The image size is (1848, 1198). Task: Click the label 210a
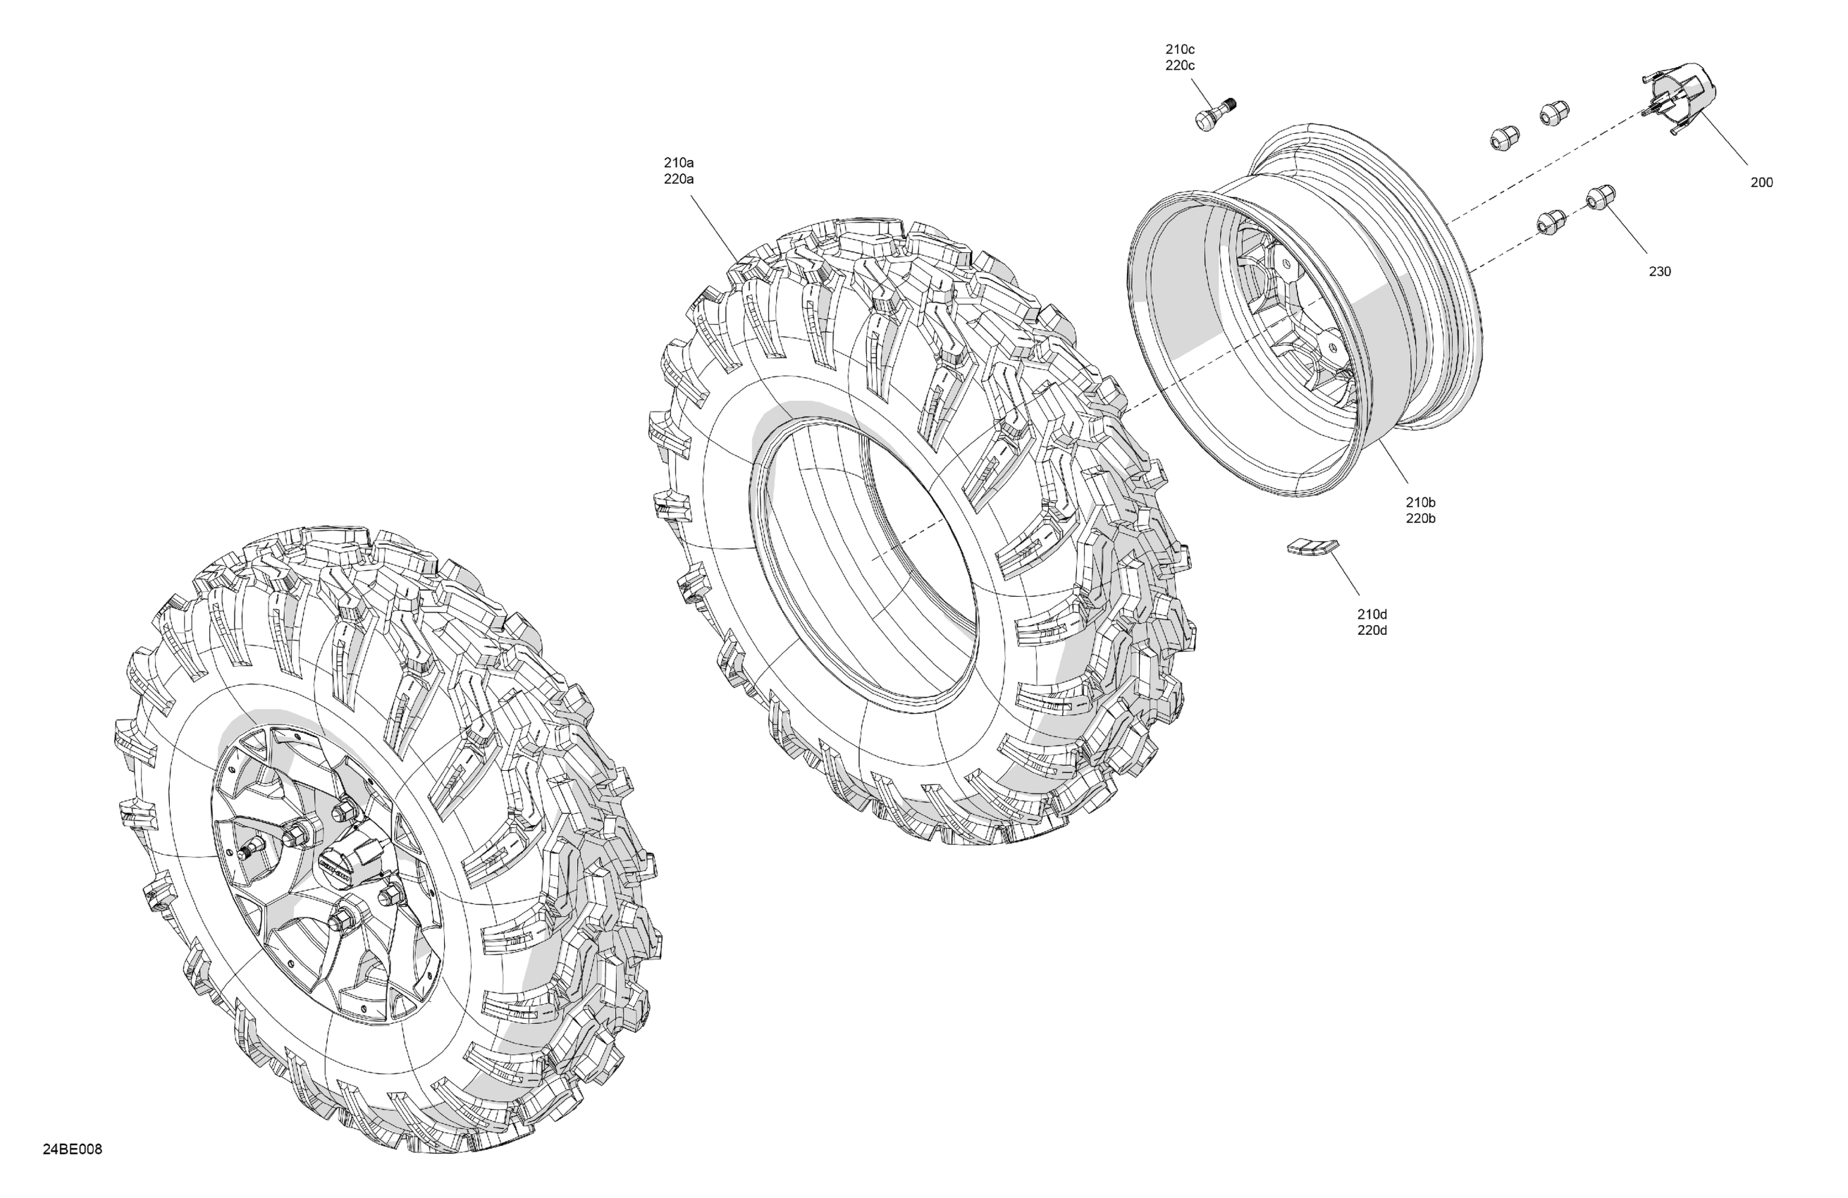click(679, 163)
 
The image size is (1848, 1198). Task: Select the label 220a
click(679, 180)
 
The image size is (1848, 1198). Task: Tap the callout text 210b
click(1420, 502)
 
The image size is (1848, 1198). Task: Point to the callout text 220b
click(1420, 519)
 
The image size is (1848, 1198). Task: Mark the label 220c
click(1179, 66)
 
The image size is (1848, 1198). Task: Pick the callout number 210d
click(1372, 615)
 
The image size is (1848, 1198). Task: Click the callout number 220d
click(1372, 631)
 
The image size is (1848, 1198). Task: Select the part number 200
click(1762, 183)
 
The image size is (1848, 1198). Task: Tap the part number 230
click(1659, 272)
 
